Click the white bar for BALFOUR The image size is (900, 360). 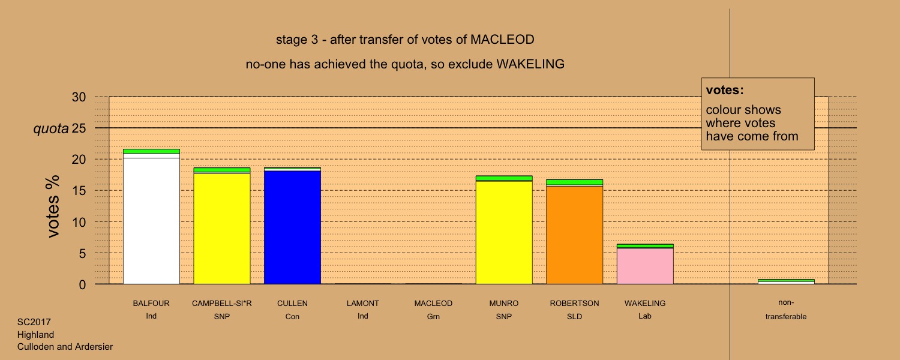(x=151, y=217)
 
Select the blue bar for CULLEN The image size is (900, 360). (x=293, y=226)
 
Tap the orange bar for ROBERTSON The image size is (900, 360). (x=575, y=232)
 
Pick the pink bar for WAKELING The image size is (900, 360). (x=645, y=264)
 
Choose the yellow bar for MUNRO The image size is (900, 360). (x=504, y=230)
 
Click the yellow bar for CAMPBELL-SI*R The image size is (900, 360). (x=222, y=226)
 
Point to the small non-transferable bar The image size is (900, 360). (x=786, y=281)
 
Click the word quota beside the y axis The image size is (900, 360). (x=51, y=128)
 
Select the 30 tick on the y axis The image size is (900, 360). (x=79, y=97)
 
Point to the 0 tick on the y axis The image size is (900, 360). (x=82, y=284)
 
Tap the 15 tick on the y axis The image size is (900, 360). (x=79, y=190)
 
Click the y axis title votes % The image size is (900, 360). (x=53, y=206)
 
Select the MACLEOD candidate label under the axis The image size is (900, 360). (x=434, y=304)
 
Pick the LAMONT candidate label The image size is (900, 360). (x=363, y=304)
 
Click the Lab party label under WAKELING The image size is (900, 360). (x=645, y=316)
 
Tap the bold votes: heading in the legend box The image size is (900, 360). (x=725, y=90)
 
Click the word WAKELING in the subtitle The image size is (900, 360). (x=530, y=64)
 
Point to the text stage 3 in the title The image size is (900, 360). (x=297, y=40)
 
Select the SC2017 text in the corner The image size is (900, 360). (x=34, y=322)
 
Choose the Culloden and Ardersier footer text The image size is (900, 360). (x=65, y=346)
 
